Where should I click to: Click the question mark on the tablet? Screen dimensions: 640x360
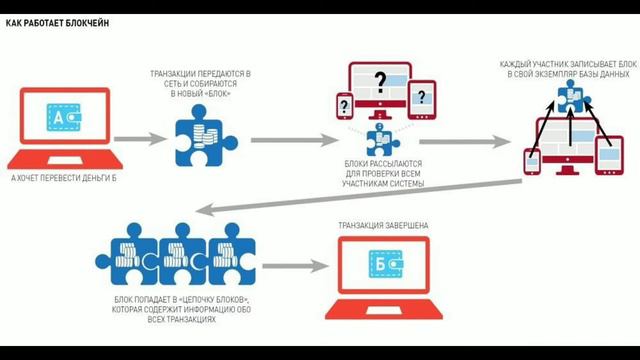tap(423, 96)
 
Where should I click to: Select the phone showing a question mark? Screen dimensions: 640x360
tap(342, 104)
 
